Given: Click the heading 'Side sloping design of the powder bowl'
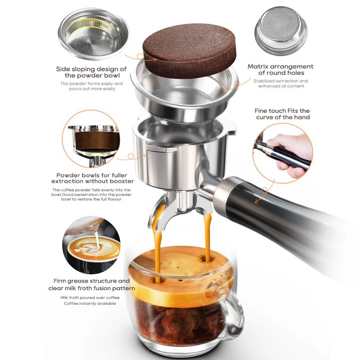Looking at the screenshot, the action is [x=91, y=72].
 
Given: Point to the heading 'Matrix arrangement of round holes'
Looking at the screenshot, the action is [x=280, y=69].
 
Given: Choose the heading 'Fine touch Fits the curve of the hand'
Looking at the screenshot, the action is [x=282, y=114].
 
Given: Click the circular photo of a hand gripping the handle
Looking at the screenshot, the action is [x=283, y=153].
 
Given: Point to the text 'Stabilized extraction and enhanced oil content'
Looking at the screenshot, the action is [x=281, y=84].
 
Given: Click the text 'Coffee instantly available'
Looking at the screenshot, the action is [x=90, y=303].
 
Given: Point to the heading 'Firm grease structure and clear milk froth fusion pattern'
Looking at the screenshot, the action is [x=91, y=284].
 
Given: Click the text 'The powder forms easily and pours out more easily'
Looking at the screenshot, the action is [x=91, y=86].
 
